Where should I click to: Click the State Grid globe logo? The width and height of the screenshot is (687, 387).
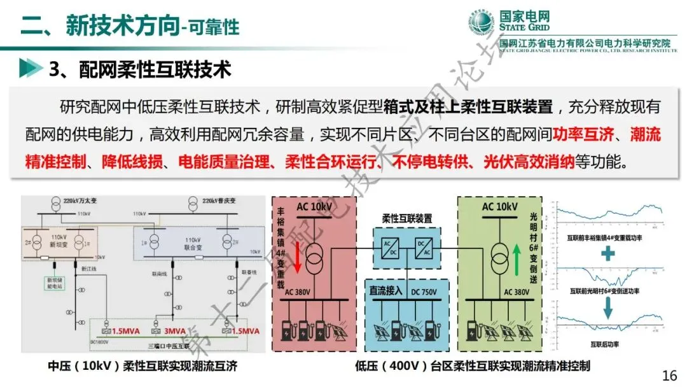[481, 24]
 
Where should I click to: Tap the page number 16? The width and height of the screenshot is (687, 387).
[669, 375]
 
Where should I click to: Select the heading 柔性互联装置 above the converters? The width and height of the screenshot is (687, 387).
[406, 218]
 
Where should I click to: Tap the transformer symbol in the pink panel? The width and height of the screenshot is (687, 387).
[313, 255]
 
